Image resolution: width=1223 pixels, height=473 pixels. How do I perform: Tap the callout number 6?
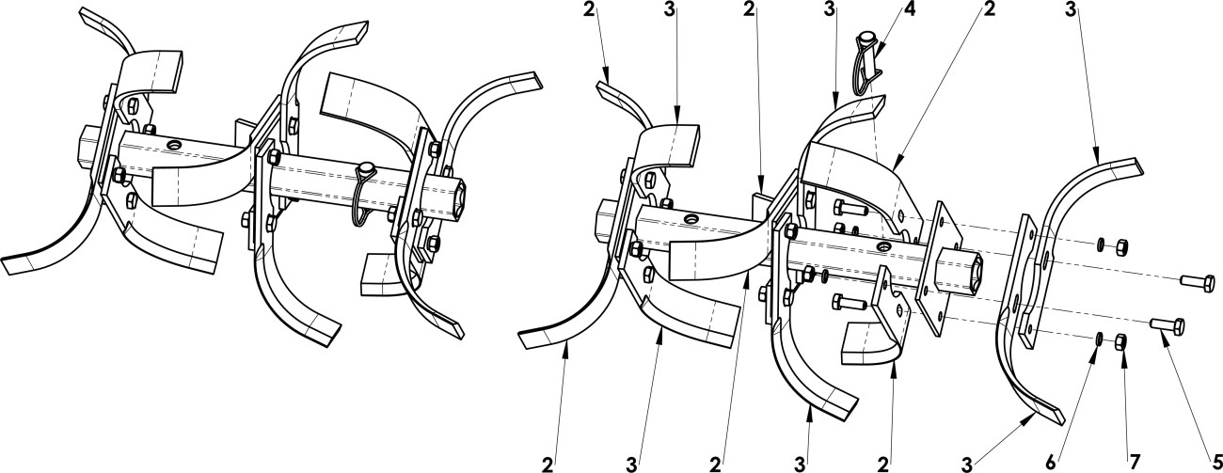1051,463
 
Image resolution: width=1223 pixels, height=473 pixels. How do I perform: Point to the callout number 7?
1135,463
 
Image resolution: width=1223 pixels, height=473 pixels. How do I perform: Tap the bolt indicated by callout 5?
1167,325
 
